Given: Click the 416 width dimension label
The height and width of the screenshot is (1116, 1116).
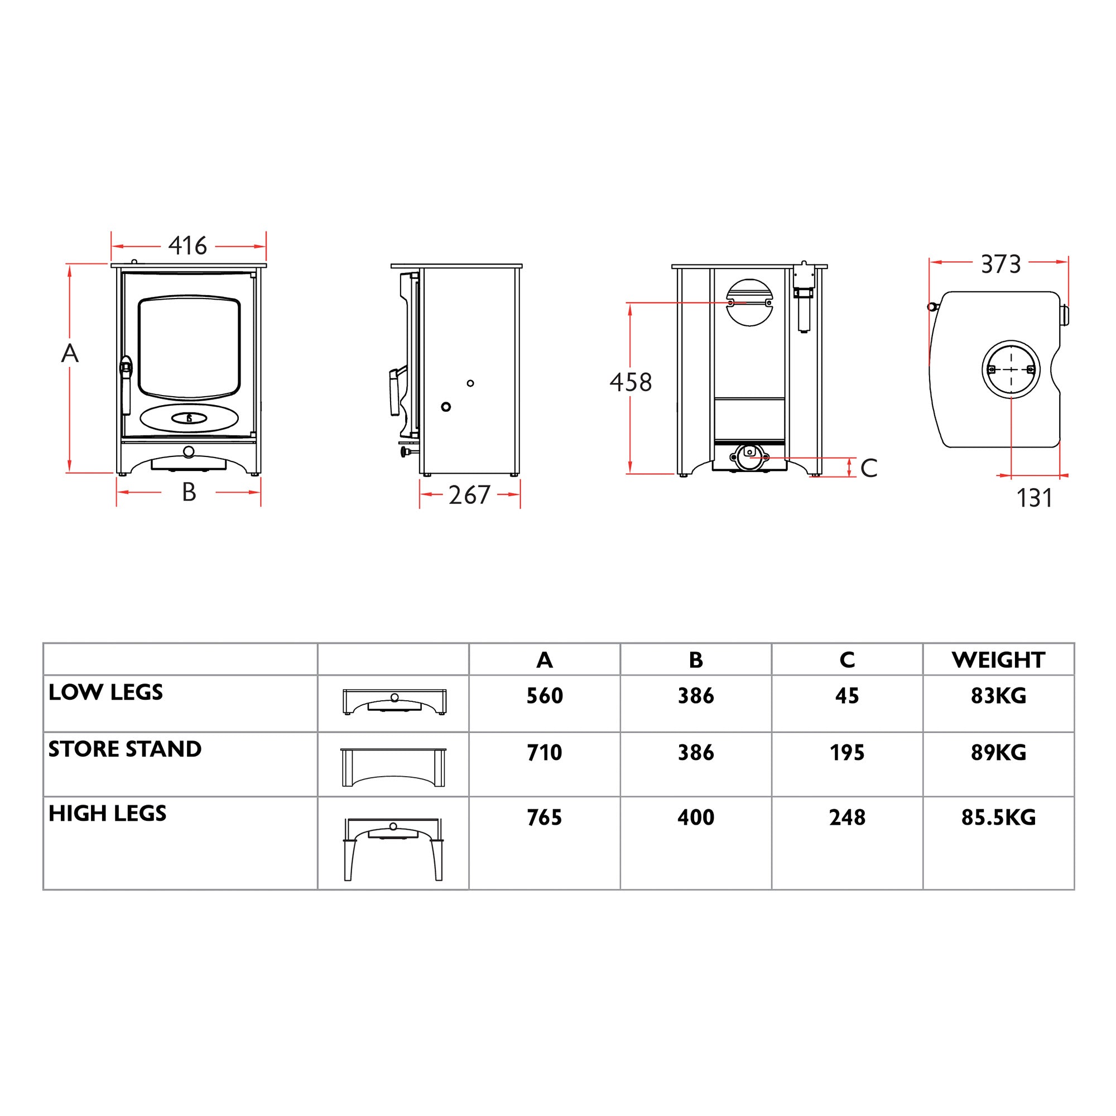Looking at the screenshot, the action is [187, 246].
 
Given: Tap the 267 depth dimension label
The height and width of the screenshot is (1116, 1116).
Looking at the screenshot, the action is [470, 495].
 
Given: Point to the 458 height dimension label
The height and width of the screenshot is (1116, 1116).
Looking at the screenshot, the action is [631, 382].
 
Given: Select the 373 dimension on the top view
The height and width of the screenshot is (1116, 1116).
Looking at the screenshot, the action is [1001, 264].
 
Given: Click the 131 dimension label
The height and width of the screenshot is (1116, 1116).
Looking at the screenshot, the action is [1035, 498].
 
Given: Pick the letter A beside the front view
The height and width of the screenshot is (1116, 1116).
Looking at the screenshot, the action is [70, 353].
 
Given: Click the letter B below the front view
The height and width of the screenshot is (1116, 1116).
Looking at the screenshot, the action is [189, 492].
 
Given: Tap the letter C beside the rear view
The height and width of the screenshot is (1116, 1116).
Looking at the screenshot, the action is [869, 469].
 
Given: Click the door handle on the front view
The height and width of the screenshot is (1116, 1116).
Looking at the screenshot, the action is [126, 384].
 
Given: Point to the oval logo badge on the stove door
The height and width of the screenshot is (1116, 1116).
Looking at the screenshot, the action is [189, 417].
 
